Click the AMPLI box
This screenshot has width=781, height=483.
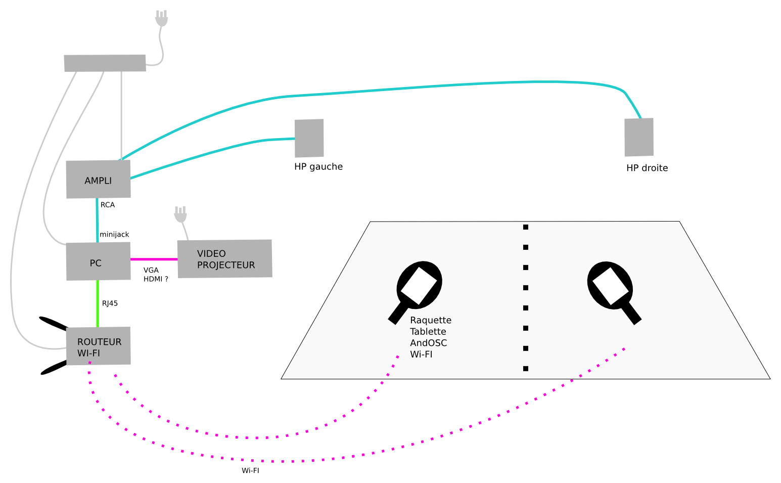99,179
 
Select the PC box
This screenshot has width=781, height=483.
99,261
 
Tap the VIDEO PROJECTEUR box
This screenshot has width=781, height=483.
225,259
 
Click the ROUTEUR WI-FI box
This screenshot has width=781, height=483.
99,346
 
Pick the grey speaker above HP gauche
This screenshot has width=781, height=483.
309,138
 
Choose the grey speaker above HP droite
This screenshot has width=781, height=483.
639,137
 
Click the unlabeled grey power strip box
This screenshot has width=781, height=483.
105,63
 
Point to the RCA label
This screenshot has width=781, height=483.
107,205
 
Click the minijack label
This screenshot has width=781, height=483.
114,234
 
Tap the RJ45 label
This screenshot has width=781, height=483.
110,303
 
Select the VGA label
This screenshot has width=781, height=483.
151,270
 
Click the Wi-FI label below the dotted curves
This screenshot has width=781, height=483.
250,470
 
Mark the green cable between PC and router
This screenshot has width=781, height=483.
98,304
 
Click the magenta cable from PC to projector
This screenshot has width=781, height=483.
154,259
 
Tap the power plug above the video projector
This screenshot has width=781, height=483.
180,214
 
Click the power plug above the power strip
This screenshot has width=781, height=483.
161,18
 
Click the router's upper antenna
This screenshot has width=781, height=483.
54,324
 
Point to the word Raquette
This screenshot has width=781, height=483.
431,320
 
